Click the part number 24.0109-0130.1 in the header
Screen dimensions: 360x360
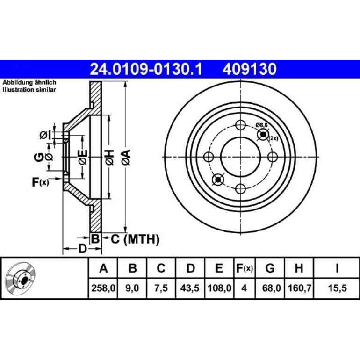146,69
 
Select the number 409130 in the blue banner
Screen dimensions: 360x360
249,69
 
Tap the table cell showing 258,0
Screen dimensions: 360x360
103,288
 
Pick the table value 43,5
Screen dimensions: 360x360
190,288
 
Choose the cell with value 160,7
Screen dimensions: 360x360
299,288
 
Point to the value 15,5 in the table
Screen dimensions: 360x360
337,288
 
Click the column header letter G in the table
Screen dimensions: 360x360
270,268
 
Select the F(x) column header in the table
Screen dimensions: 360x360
245,268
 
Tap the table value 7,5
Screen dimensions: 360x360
161,288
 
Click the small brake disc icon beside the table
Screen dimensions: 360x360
20,278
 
